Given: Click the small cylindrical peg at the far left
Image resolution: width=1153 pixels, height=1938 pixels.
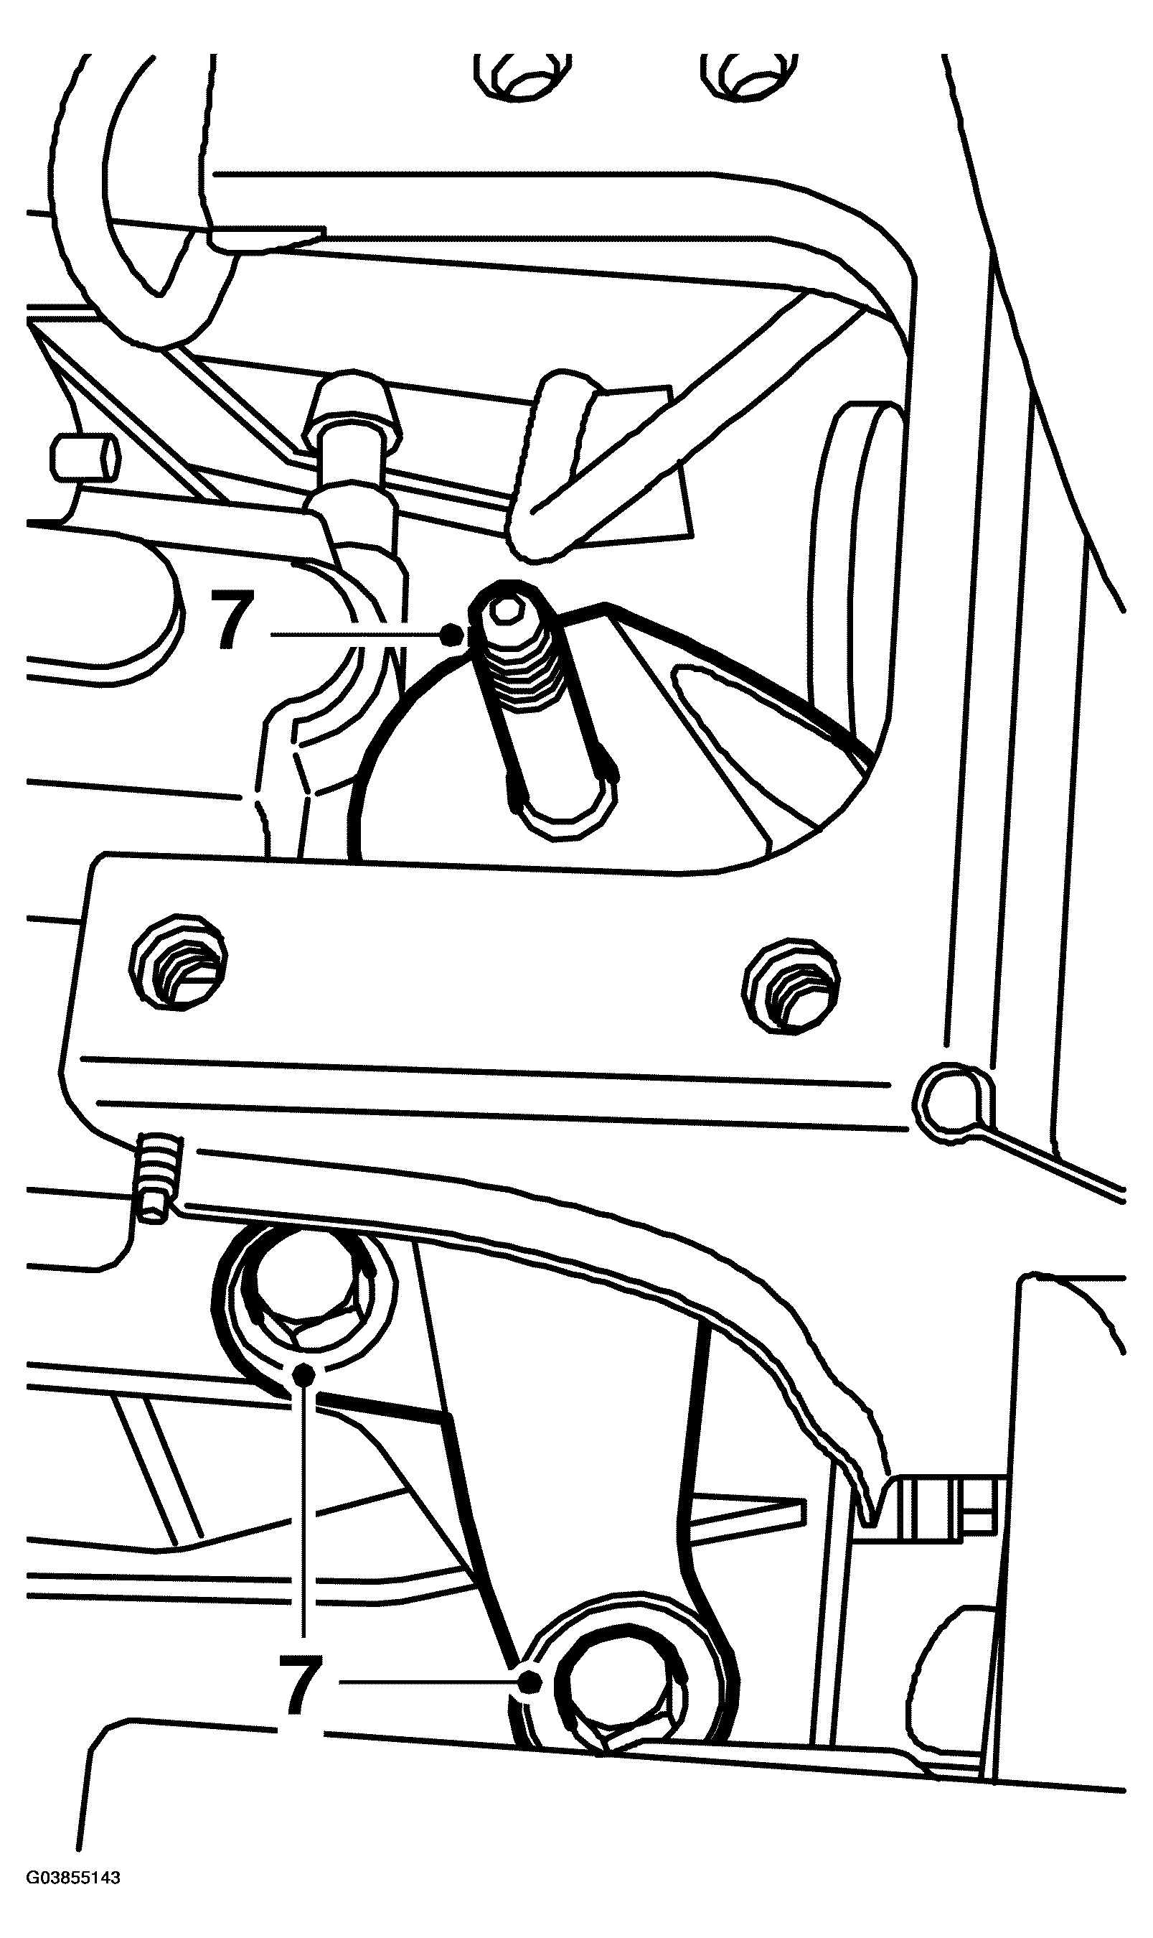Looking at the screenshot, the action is point(85,457).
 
